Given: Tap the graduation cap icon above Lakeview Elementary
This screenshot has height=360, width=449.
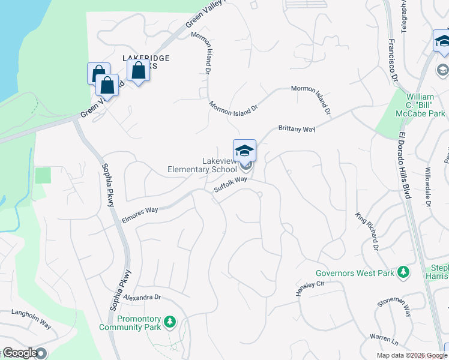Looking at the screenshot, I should click(x=244, y=151).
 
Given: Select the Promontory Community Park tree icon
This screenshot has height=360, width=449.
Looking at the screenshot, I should click(x=170, y=323).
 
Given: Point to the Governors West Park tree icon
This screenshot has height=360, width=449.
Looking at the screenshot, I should click(x=404, y=273).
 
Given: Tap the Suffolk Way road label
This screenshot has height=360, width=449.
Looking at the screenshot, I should click(x=231, y=184).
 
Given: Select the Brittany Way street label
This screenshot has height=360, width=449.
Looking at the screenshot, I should click(x=297, y=128).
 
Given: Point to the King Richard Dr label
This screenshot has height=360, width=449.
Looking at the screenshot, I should click(x=367, y=231).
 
